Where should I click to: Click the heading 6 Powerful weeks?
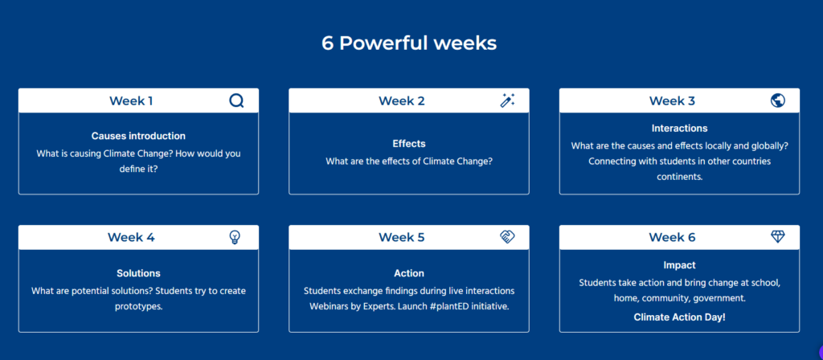(x=409, y=43)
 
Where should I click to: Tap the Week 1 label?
(x=131, y=100)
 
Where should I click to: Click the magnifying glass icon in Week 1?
(x=237, y=100)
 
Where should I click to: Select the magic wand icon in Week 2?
(x=507, y=100)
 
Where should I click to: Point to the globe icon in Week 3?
(x=778, y=100)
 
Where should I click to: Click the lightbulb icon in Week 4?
(x=235, y=237)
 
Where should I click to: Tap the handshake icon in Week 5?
(x=507, y=237)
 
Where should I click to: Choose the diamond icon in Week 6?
(x=778, y=237)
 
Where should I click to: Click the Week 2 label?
(x=402, y=100)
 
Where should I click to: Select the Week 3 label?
(x=672, y=100)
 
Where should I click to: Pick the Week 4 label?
(x=131, y=237)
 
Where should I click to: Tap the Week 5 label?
(x=402, y=237)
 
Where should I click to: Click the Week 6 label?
(x=672, y=237)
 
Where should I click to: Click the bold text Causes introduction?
(x=138, y=136)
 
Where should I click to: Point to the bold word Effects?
(x=409, y=143)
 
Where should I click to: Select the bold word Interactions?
(x=679, y=128)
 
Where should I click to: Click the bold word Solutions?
(x=138, y=273)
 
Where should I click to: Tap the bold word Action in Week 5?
(x=409, y=273)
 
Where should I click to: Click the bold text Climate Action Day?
(x=679, y=317)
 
